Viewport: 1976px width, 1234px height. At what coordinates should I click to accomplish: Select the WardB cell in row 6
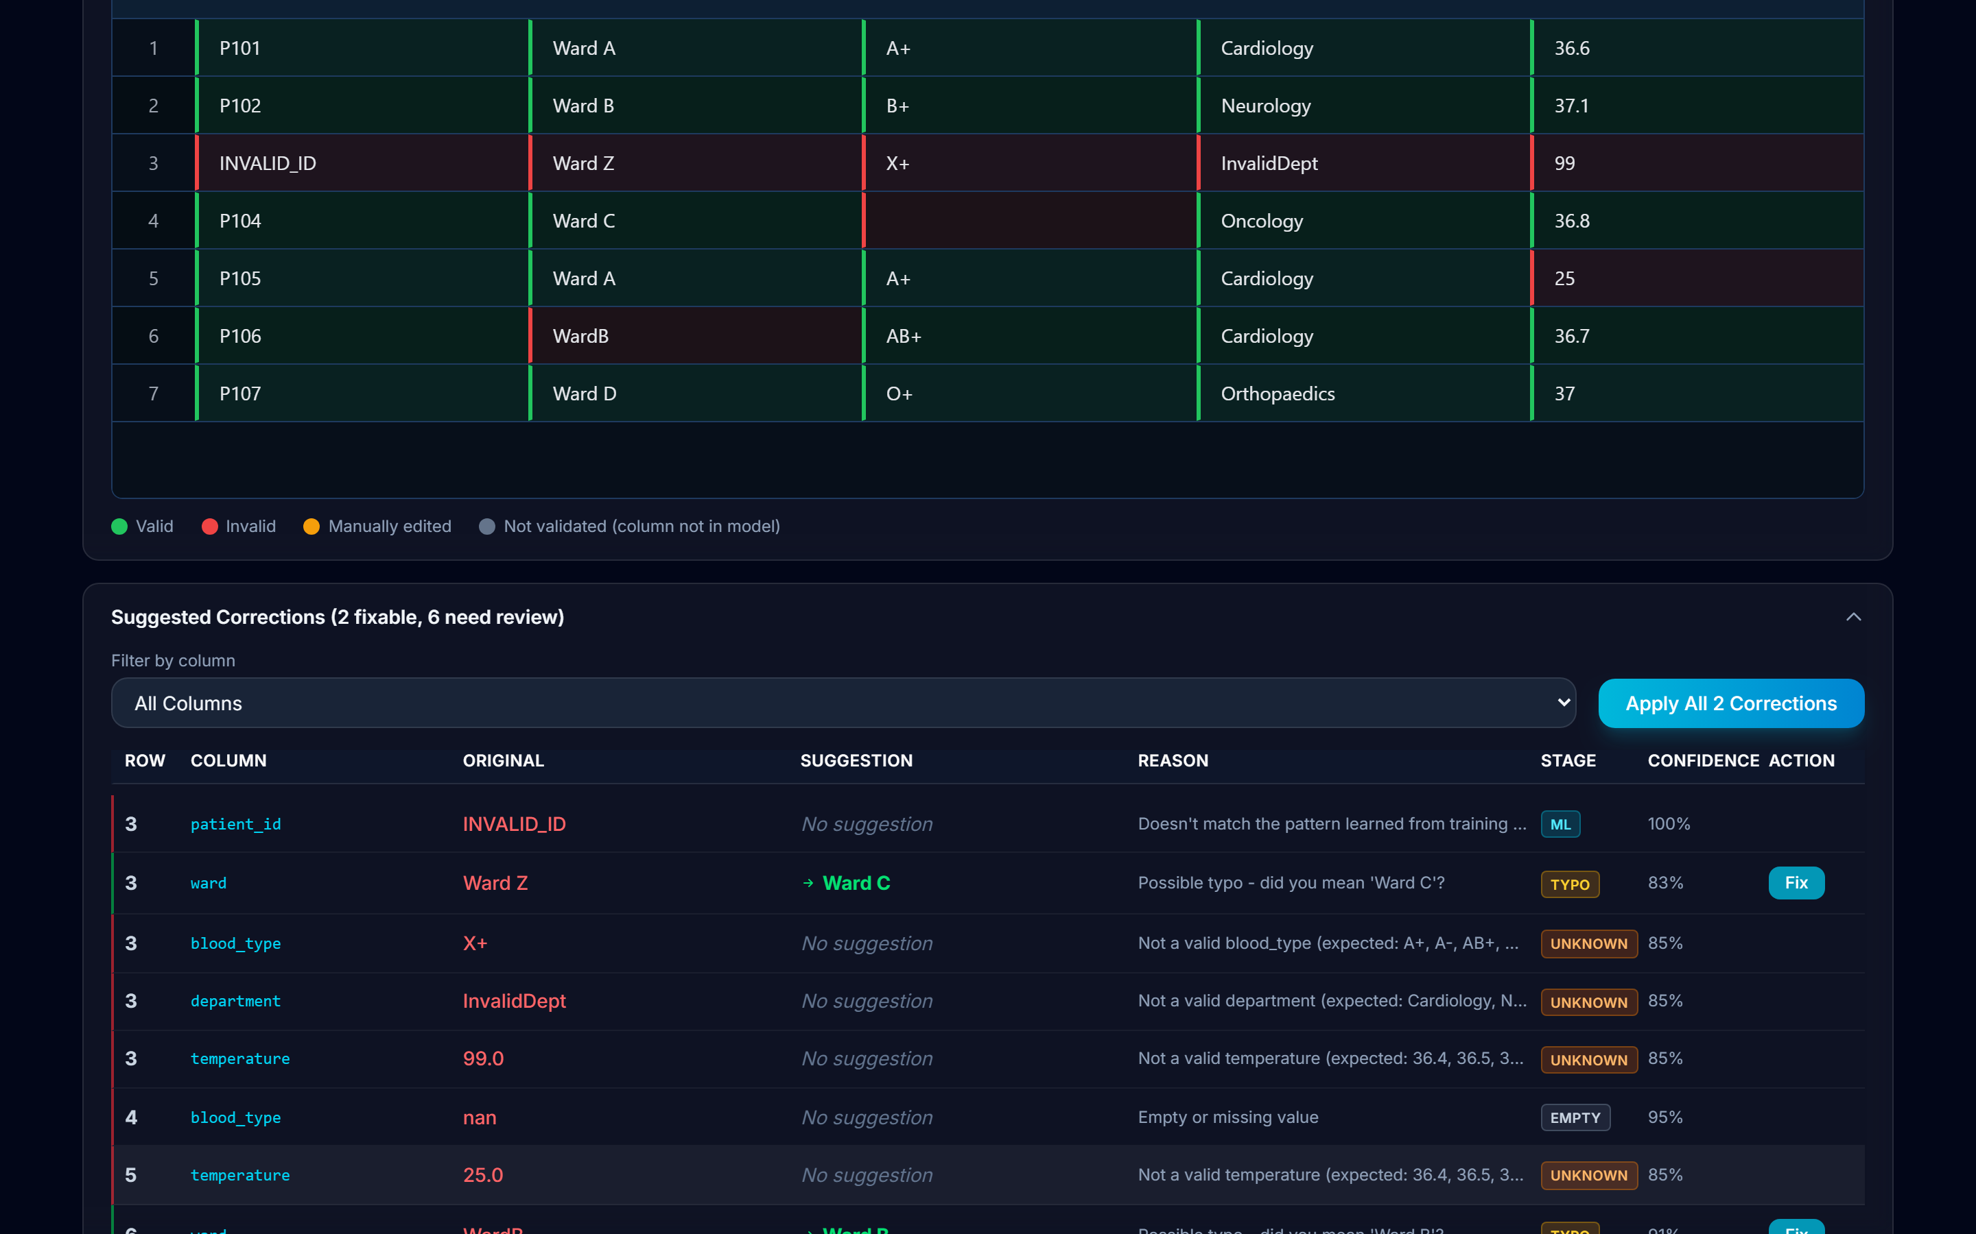click(x=696, y=335)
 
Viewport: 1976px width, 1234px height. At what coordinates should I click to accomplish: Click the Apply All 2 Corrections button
click(x=1731, y=703)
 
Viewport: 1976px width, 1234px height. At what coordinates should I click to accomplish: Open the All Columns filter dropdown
click(x=843, y=703)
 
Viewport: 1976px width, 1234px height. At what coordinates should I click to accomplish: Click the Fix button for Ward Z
click(x=1796, y=883)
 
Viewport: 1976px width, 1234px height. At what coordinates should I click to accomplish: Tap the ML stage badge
click(x=1560, y=824)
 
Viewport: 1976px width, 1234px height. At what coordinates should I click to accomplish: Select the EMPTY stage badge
click(x=1575, y=1118)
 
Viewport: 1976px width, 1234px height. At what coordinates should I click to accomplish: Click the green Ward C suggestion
click(x=856, y=883)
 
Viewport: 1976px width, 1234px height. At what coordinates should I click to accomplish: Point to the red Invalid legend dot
click(x=210, y=527)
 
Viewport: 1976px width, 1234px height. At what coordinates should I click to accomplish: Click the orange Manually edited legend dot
click(x=311, y=527)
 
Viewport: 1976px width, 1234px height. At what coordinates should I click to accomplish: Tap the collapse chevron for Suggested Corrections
click(x=1853, y=617)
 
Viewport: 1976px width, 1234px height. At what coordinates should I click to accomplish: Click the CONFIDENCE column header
click(x=1704, y=761)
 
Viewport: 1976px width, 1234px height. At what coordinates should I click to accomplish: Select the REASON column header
click(x=1173, y=761)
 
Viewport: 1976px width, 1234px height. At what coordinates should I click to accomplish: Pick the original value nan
click(x=480, y=1118)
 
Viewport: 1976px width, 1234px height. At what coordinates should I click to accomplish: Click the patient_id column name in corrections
click(x=236, y=824)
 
